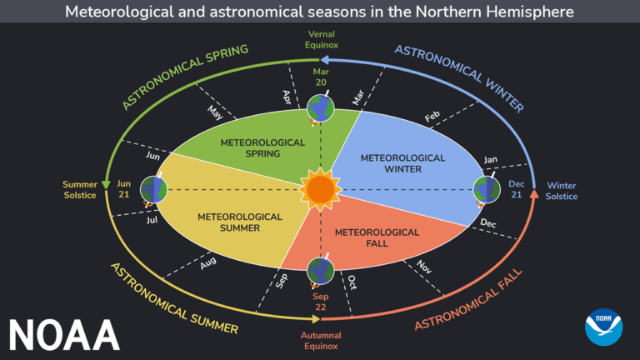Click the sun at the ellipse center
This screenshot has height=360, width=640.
pyautogui.click(x=320, y=189)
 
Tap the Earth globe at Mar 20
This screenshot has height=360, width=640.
pyautogui.click(x=320, y=107)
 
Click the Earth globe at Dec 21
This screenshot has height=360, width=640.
pyautogui.click(x=486, y=190)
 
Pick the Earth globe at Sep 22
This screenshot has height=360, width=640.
pyautogui.click(x=320, y=271)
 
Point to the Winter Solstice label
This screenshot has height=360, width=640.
pyautogui.click(x=561, y=191)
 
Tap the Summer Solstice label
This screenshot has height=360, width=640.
pyautogui.click(x=80, y=190)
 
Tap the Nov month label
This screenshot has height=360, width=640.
pyautogui.click(x=423, y=266)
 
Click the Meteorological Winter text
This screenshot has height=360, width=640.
pyautogui.click(x=391, y=163)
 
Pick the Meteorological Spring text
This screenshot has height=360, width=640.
pyautogui.click(x=262, y=148)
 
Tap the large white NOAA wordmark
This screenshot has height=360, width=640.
pyautogui.click(x=64, y=333)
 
